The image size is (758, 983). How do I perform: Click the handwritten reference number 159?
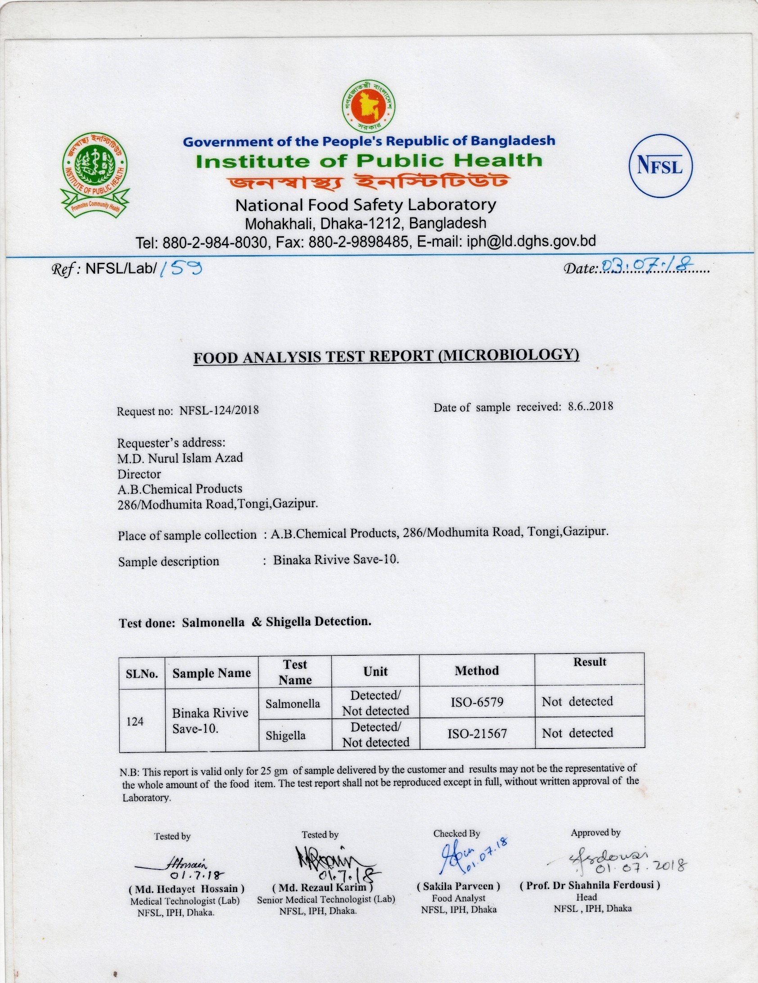(180, 269)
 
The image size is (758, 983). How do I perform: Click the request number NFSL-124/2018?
(219, 410)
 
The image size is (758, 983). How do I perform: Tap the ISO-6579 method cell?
(477, 702)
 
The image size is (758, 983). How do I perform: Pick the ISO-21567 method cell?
(477, 734)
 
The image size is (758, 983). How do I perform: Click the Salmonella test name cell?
(293, 703)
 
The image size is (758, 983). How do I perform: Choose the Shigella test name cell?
(285, 735)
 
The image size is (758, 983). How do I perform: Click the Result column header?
(590, 662)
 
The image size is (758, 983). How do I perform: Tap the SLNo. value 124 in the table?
(135, 721)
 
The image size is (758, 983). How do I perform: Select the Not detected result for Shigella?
(578, 733)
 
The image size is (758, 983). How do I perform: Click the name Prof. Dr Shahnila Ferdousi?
(590, 885)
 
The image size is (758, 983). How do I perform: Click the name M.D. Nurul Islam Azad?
(180, 458)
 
